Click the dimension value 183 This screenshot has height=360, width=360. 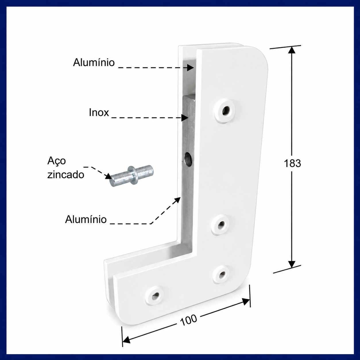pyautogui.click(x=292, y=164)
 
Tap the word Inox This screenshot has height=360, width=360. pyautogui.click(x=99, y=113)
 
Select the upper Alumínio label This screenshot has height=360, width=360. pyautogui.click(x=94, y=62)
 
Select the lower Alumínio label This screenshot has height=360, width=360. pyautogui.click(x=86, y=219)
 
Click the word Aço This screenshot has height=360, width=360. pyautogui.click(x=57, y=161)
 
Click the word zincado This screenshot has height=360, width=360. pyautogui.click(x=66, y=175)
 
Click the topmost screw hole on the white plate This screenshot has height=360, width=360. pyautogui.click(x=226, y=111)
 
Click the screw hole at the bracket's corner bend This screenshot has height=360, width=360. pyautogui.click(x=222, y=275)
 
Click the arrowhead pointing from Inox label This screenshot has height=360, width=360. pyautogui.click(x=185, y=118)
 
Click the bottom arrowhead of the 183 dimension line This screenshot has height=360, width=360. pyautogui.click(x=292, y=264)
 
